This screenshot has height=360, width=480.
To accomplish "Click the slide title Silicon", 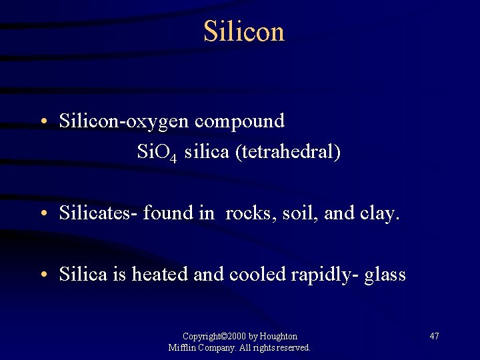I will [x=244, y=31].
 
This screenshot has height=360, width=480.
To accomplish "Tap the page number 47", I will [x=434, y=336].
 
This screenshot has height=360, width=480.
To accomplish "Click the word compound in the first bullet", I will [x=241, y=121].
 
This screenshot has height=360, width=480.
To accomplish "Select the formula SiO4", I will [x=157, y=153].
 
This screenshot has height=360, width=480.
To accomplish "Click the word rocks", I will [x=251, y=213].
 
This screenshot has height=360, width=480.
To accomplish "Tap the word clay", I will [x=380, y=213].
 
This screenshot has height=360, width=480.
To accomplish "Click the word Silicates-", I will [x=98, y=213].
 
